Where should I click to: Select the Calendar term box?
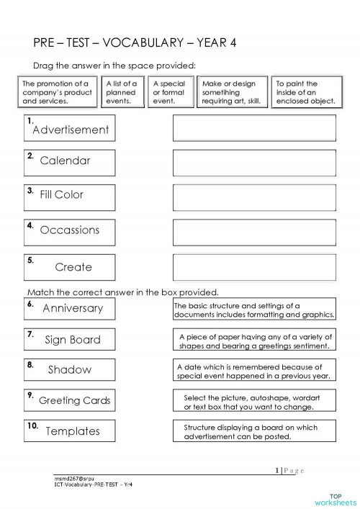click(65, 161)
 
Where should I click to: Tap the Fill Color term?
click(62, 194)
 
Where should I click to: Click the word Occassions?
click(70, 230)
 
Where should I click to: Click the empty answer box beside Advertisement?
click(254, 128)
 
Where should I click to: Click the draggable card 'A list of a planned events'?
click(121, 93)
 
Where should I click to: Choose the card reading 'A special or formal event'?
click(169, 93)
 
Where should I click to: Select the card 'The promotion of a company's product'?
click(57, 93)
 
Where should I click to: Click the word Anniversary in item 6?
click(73, 309)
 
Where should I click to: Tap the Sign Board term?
click(72, 339)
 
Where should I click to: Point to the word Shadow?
click(70, 370)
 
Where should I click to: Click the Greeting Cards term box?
click(74, 400)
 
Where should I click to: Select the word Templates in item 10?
click(72, 431)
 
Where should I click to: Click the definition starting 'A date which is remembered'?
click(254, 370)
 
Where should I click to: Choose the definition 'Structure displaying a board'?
click(254, 431)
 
